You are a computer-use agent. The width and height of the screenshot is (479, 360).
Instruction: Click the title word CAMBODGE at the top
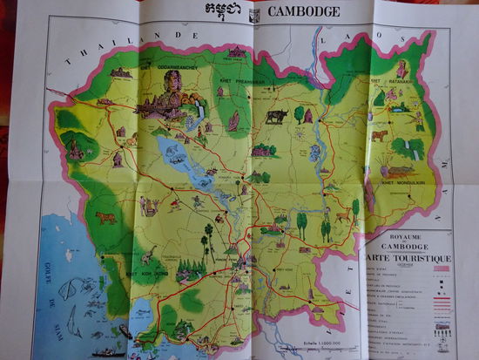(x=304, y=12)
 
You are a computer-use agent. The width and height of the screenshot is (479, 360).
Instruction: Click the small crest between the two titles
(x=254, y=14)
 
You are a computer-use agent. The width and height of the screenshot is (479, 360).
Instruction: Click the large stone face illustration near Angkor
(x=169, y=87)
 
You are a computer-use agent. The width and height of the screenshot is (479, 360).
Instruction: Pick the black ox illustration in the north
(x=277, y=115)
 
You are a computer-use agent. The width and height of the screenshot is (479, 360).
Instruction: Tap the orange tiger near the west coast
(x=105, y=217)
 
